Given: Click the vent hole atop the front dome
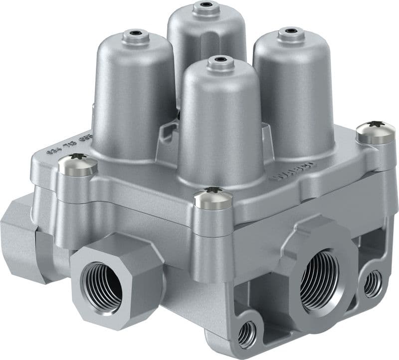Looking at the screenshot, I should click(217, 60).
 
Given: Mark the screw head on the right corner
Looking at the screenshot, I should click(376, 131).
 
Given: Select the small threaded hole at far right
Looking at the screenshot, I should click(373, 284).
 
